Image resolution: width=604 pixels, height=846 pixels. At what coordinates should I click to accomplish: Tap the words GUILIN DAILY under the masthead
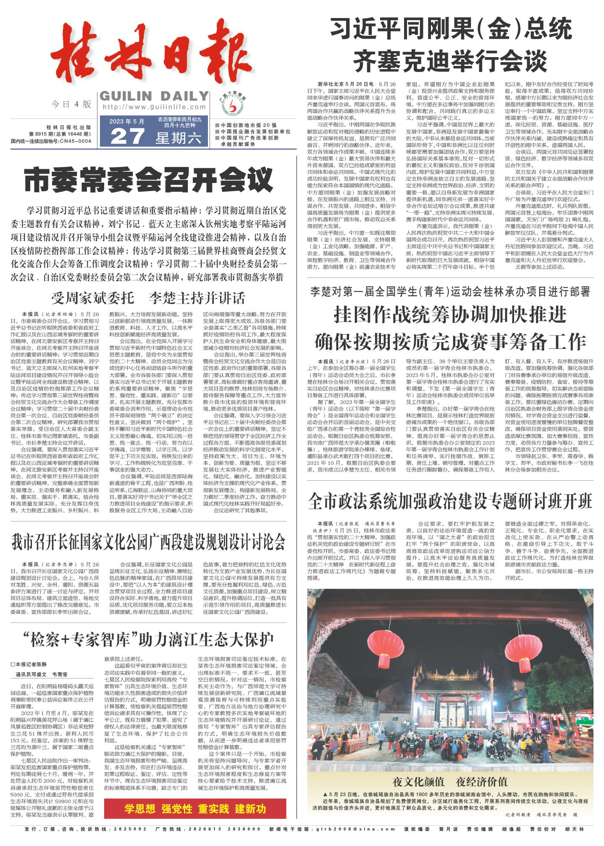coord(154,96)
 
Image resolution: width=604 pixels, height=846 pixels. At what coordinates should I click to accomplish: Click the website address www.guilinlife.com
coord(154,107)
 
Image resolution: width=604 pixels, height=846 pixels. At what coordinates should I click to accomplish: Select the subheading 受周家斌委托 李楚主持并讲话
coord(148,298)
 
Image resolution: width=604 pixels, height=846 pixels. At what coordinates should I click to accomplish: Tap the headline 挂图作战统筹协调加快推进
coord(450,314)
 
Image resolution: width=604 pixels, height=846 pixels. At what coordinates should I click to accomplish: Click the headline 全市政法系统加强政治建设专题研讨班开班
coord(450,501)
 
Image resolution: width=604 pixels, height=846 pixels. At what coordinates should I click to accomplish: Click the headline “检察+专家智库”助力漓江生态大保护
coord(148,640)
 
